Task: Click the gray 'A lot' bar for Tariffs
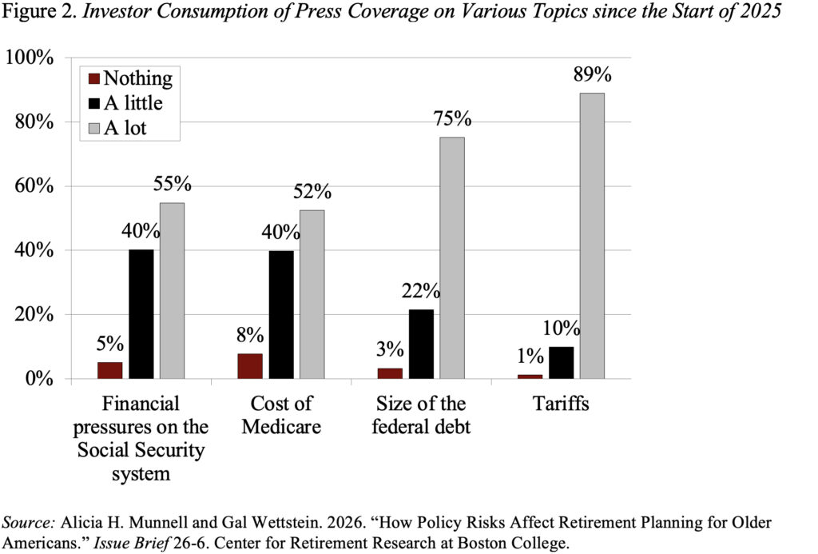[592, 236]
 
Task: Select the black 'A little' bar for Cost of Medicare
[281, 314]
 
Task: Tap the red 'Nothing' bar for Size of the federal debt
[391, 373]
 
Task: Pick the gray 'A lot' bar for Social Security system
[173, 290]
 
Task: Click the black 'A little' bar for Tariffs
[561, 362]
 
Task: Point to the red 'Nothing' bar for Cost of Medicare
[250, 365]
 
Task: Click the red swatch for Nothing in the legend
[93, 78]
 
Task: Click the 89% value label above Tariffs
[592, 74]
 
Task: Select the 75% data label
[452, 119]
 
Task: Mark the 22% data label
[421, 291]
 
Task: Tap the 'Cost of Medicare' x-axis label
[281, 415]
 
